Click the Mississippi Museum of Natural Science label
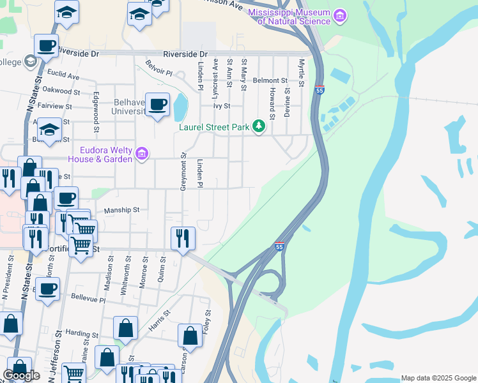pos(289,17)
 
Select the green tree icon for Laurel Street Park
pos(258,126)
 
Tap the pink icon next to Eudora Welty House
pos(142,153)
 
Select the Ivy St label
pos(221,107)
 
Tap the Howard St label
pos(272,104)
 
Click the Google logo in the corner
pos(21,375)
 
